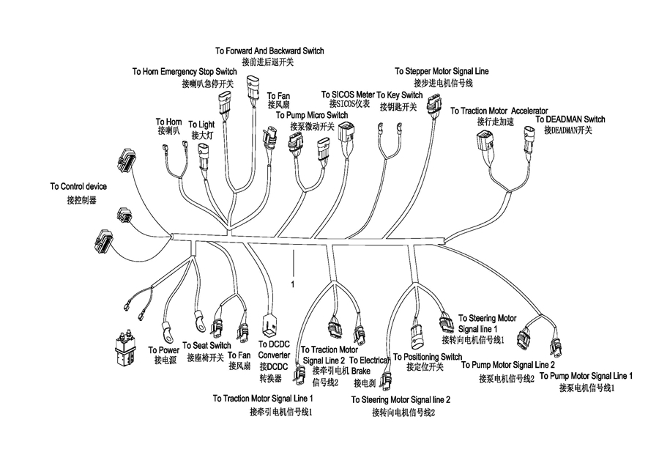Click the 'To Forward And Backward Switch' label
pos(269,51)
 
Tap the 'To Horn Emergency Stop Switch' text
pos(185,72)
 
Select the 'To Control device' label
pos(78,186)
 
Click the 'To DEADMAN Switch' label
pos(570,119)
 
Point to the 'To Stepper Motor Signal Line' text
pos(442,71)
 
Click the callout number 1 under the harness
pos(292,285)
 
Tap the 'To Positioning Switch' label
pos(428,357)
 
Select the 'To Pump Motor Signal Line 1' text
pos(586,376)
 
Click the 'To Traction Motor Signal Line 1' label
pos(263,399)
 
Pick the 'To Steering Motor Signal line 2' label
pos(401,399)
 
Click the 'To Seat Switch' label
pos(206,345)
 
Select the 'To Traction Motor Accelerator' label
pos(499,111)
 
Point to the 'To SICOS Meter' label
pos(348,95)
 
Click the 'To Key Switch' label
pos(400,95)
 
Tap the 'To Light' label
pos(201,125)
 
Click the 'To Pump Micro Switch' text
pos(312,115)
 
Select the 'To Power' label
pos(163,350)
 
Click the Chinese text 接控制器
pos(81,200)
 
